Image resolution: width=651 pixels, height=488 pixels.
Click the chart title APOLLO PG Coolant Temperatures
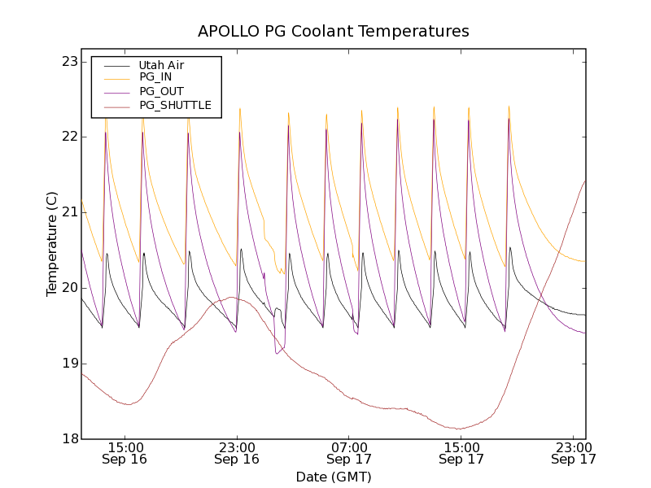(334, 32)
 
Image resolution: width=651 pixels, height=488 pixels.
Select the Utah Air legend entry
(161, 65)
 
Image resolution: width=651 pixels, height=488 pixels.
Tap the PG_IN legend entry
(155, 77)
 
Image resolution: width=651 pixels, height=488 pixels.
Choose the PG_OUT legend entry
(161, 91)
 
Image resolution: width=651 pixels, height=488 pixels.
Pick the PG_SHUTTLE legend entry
(175, 105)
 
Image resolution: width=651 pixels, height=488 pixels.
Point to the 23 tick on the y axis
(68, 62)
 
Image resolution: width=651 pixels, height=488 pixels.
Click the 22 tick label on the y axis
(68, 137)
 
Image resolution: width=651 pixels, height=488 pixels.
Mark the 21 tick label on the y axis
(68, 212)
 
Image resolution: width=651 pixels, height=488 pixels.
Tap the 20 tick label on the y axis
(68, 288)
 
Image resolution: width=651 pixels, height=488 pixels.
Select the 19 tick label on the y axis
(68, 364)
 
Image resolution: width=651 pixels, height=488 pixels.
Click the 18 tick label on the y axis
(68, 439)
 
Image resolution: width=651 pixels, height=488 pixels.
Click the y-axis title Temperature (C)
(52, 244)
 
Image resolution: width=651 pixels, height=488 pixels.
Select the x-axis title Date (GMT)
(334, 477)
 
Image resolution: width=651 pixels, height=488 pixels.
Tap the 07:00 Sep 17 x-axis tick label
(349, 453)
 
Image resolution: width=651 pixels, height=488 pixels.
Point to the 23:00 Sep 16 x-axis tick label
(237, 453)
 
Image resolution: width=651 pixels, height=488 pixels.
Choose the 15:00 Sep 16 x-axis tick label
(125, 453)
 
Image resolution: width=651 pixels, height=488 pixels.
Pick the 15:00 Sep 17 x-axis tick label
(461, 453)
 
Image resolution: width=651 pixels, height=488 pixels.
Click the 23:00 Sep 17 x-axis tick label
(573, 453)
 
